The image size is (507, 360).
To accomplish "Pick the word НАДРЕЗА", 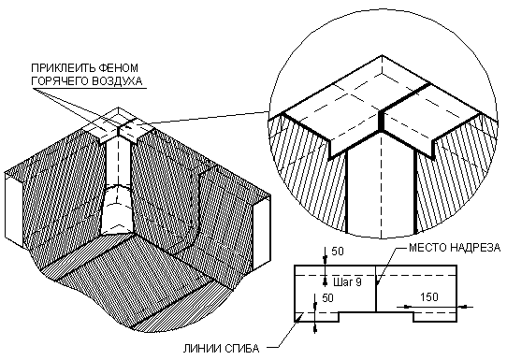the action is (473, 248).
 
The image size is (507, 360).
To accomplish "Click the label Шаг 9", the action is (347, 282).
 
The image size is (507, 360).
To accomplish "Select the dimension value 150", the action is (428, 297).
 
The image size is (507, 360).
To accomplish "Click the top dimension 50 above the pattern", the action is (338, 252).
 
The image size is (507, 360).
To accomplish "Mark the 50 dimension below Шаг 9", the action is (327, 298).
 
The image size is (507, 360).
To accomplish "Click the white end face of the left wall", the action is (14, 210).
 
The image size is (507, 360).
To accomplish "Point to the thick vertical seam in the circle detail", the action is (382, 121).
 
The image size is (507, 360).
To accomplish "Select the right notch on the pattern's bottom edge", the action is (435, 317).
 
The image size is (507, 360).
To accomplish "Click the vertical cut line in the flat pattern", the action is (375, 289).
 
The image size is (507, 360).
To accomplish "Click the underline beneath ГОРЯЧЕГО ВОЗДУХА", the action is (89, 88).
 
